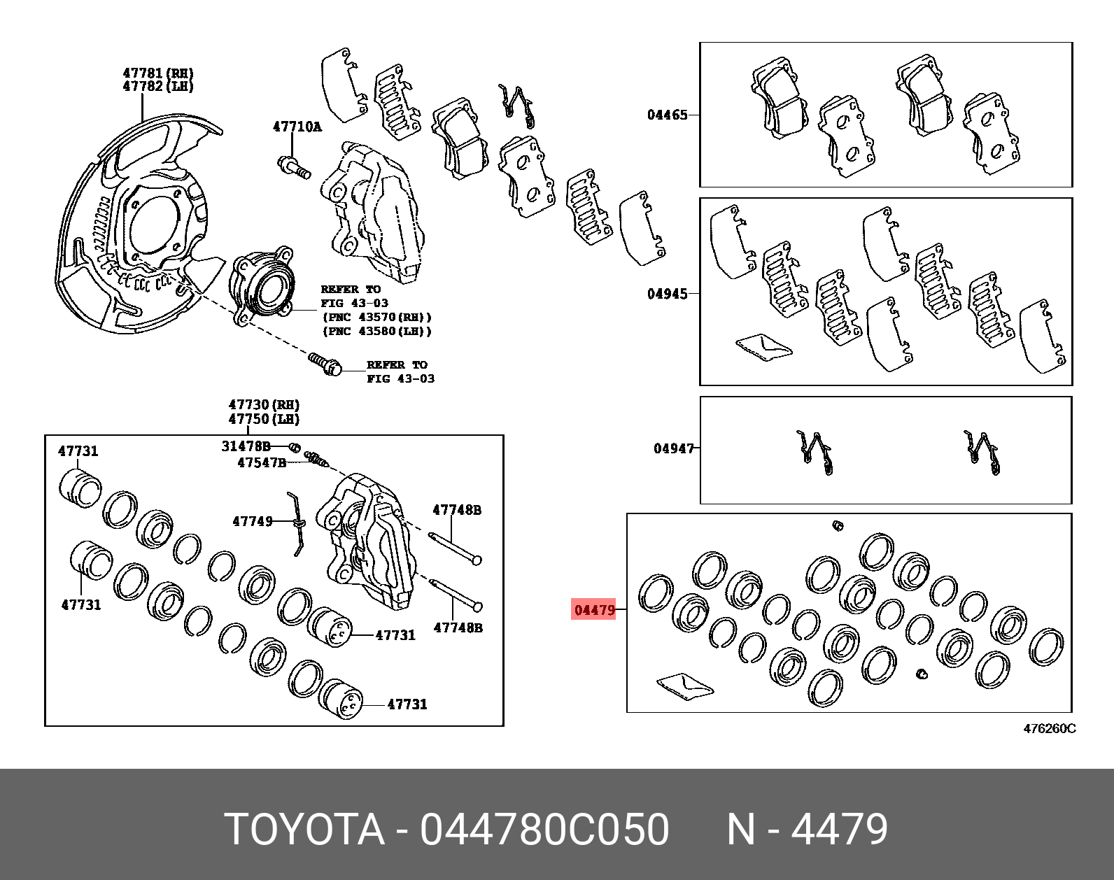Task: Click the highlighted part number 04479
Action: point(595,610)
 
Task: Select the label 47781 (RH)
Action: point(158,73)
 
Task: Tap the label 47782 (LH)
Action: point(158,86)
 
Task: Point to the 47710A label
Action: point(297,127)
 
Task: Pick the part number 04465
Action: point(667,115)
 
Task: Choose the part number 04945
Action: point(667,294)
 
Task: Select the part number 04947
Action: point(674,448)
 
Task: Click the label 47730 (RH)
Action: point(264,405)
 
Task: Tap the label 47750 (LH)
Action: point(264,419)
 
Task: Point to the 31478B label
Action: point(246,446)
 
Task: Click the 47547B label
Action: point(262,462)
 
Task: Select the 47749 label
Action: point(253,521)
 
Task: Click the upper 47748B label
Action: point(457,510)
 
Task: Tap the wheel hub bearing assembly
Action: point(262,287)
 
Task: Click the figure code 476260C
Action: point(1050,728)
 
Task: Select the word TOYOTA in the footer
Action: point(305,830)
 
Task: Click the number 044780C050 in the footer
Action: point(544,830)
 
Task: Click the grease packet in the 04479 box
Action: point(684,686)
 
